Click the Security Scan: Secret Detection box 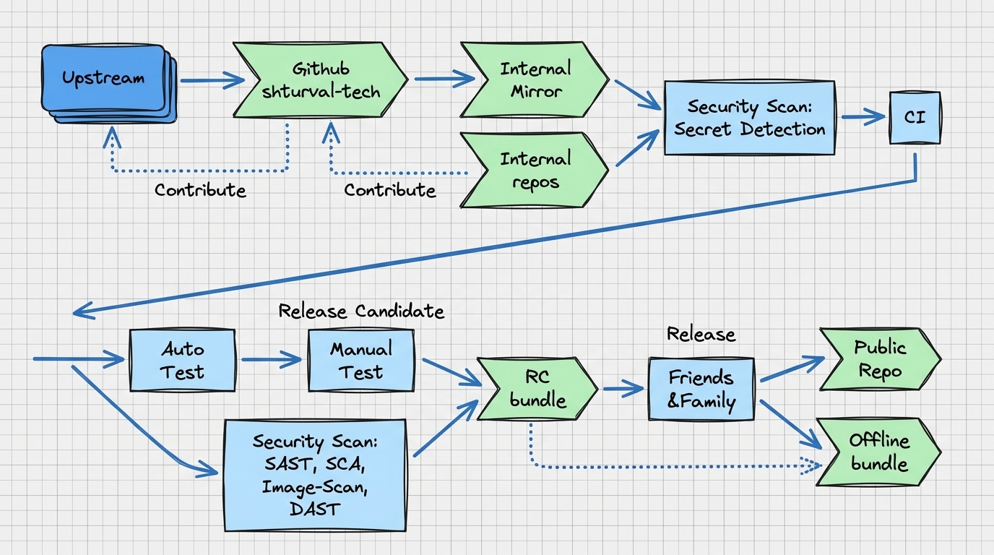[750, 118]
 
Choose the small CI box [915, 118]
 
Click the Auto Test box [182, 360]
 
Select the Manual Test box [361, 360]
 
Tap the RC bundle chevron [537, 389]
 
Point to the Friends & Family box [701, 389]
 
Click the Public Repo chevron [880, 359]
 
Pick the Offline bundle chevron [878, 452]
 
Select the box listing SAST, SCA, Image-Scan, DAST [315, 475]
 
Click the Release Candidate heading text [361, 311]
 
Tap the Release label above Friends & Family [701, 335]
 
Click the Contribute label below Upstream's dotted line [200, 190]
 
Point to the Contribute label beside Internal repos [390, 190]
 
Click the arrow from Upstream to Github [212, 80]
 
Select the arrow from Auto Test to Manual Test [272, 359]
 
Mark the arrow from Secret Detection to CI [863, 117]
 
